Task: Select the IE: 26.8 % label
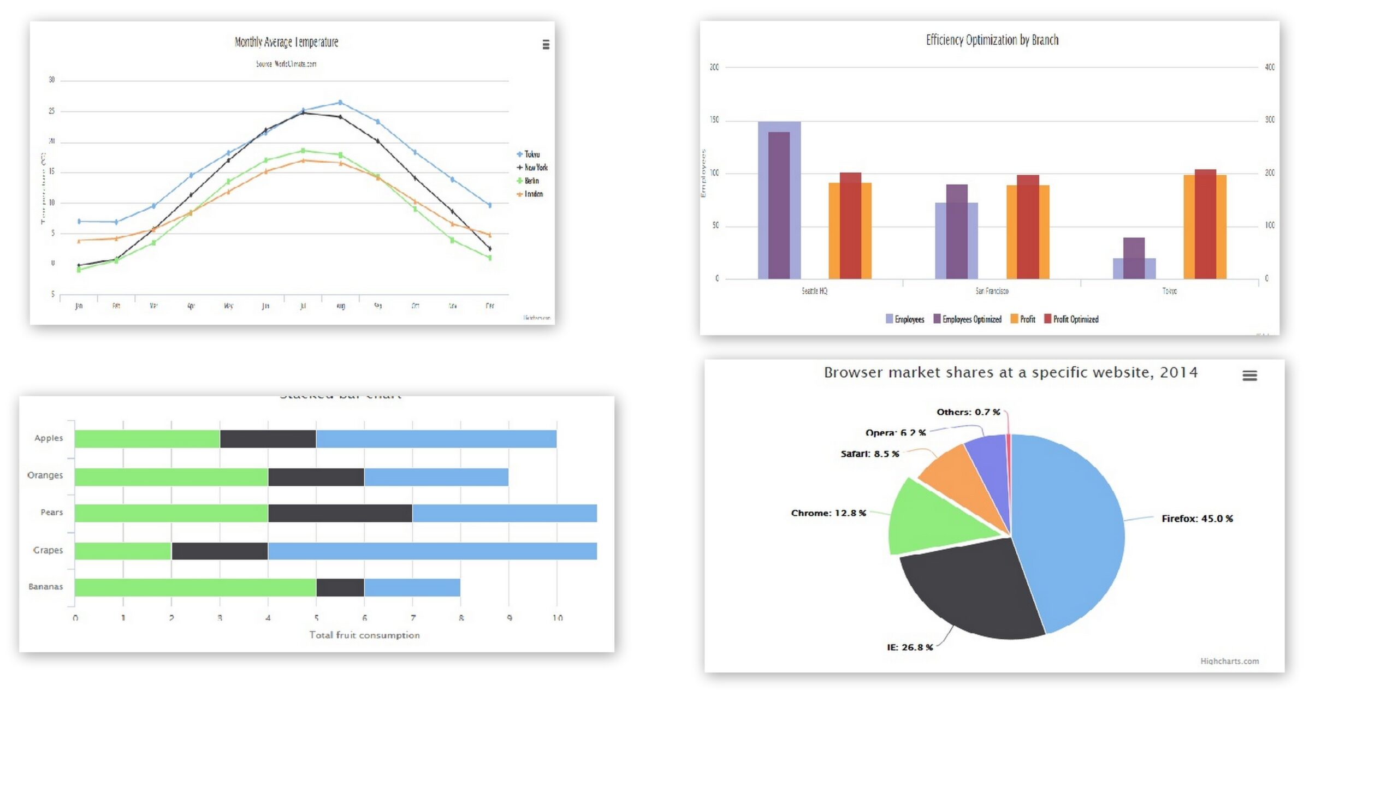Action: click(909, 647)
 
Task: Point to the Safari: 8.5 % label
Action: click(869, 454)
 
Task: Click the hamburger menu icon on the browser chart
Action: click(1249, 376)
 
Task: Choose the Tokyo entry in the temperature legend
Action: click(531, 154)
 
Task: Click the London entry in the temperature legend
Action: click(533, 194)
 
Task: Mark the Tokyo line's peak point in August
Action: click(340, 103)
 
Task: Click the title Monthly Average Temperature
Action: click(286, 42)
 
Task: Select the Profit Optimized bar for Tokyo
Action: click(1205, 224)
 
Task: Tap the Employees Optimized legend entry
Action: click(971, 319)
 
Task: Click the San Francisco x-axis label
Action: click(992, 291)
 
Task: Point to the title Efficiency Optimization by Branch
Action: click(992, 40)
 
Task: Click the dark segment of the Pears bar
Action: click(340, 513)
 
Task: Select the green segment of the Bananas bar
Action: click(195, 587)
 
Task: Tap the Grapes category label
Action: click(48, 550)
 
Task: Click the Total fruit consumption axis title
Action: click(364, 635)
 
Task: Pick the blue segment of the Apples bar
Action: click(436, 439)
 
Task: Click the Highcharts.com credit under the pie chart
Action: click(1229, 661)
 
